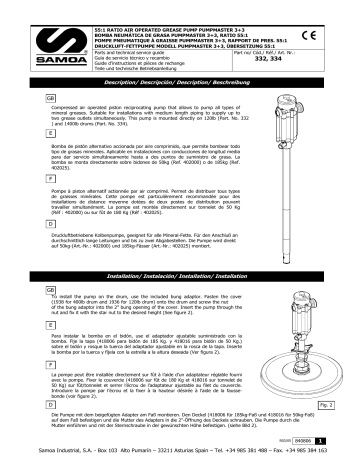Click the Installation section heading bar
pyautogui.click(x=179, y=244)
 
